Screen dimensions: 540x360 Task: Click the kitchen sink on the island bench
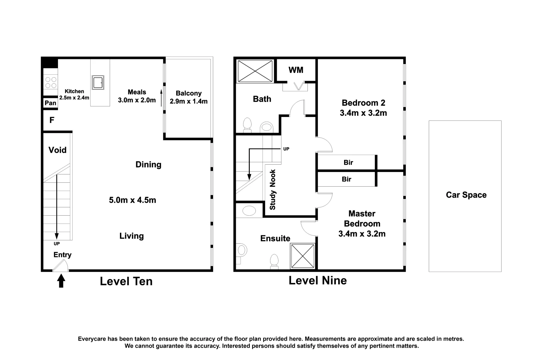click(98, 82)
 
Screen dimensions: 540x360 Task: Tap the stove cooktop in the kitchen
click(50, 82)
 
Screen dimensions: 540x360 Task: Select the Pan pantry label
click(50, 103)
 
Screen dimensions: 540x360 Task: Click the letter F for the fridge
click(52, 120)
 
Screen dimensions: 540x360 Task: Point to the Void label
click(58, 150)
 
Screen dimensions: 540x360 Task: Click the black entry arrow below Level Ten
click(61, 281)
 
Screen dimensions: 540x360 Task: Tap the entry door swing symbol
click(61, 266)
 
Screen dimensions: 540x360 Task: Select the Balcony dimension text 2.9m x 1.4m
click(189, 101)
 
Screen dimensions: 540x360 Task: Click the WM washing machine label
click(296, 70)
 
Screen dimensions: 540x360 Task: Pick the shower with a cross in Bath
click(255, 70)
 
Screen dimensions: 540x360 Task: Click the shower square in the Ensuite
click(303, 256)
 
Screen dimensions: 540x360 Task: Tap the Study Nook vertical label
click(273, 190)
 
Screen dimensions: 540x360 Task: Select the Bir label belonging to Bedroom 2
click(348, 163)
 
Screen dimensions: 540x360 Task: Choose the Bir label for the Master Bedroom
click(346, 179)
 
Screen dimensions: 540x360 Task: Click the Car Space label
click(466, 195)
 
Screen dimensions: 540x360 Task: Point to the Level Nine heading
click(317, 280)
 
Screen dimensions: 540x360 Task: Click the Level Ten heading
click(126, 281)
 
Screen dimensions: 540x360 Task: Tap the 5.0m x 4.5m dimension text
click(133, 200)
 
